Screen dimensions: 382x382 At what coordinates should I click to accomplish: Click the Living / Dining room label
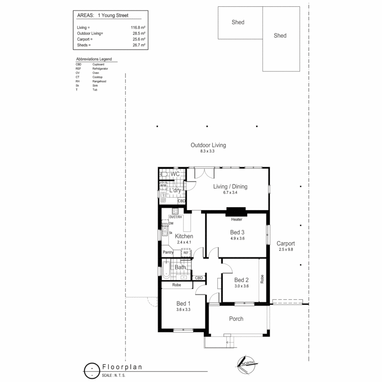(230, 187)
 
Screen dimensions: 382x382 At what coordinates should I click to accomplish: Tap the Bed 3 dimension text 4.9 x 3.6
(237, 238)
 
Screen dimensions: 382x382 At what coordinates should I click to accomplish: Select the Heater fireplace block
(236, 211)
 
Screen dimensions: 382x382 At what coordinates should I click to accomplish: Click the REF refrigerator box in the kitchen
(186, 253)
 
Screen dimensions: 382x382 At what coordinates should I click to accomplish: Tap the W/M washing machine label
(163, 185)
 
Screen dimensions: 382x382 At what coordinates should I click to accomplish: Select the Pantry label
(168, 253)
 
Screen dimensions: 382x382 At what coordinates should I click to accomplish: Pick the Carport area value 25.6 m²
(138, 39)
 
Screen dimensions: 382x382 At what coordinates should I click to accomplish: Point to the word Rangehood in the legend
(99, 81)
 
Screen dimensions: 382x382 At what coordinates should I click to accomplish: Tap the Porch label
(236, 319)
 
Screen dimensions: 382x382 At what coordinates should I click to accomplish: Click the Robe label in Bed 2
(262, 279)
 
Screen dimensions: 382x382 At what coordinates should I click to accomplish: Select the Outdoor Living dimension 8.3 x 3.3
(208, 151)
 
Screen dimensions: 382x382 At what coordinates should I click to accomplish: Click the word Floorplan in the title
(122, 367)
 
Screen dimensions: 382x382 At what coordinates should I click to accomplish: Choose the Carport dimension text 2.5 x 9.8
(285, 249)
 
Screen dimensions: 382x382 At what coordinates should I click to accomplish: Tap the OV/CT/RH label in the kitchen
(175, 217)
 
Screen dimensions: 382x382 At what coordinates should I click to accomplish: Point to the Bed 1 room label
(184, 303)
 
